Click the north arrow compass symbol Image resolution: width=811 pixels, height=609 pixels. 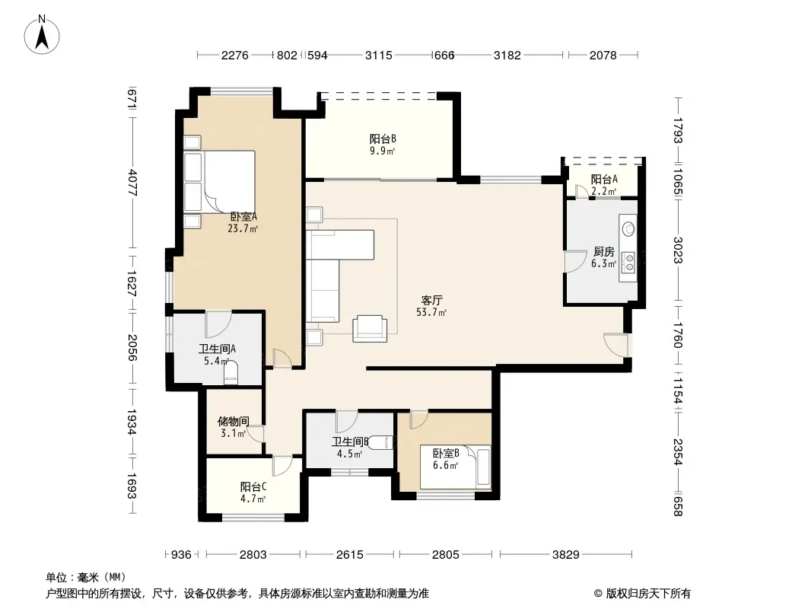pyautogui.click(x=42, y=35)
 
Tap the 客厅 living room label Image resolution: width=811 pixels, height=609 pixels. pyautogui.click(x=432, y=300)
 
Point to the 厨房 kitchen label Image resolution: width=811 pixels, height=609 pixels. pyautogui.click(x=603, y=251)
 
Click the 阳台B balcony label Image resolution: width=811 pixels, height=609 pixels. pyautogui.click(x=383, y=139)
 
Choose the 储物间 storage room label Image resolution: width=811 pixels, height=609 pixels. pyautogui.click(x=234, y=421)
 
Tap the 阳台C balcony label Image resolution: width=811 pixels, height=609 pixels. pyautogui.click(x=253, y=487)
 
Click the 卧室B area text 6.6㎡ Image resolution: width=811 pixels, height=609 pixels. pyautogui.click(x=445, y=466)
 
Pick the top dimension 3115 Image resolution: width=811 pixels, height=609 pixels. pyautogui.click(x=379, y=55)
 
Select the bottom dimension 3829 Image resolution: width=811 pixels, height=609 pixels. pyautogui.click(x=565, y=555)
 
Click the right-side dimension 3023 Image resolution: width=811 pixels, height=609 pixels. pyautogui.click(x=678, y=250)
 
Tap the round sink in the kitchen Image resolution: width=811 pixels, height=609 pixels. pyautogui.click(x=628, y=228)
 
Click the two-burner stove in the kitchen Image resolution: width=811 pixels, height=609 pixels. pyautogui.click(x=628, y=263)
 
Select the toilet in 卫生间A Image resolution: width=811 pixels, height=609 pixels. pyautogui.click(x=231, y=372)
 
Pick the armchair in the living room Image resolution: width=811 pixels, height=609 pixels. pyautogui.click(x=370, y=329)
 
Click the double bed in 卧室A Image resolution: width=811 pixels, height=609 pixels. pyautogui.click(x=220, y=181)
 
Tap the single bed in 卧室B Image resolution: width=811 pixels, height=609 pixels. pyautogui.click(x=455, y=467)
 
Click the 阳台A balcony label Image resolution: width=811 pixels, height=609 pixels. pyautogui.click(x=604, y=179)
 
